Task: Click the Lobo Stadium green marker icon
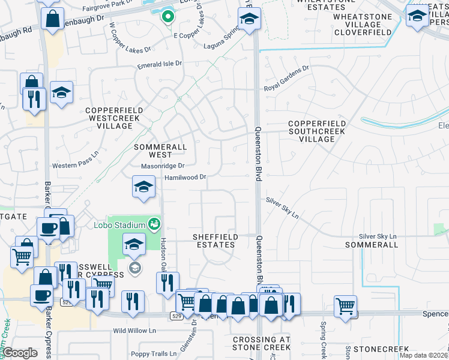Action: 155,224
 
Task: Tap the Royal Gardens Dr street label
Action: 286,87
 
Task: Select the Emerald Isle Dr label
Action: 159,64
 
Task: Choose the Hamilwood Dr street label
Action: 185,177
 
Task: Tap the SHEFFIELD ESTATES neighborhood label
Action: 214,241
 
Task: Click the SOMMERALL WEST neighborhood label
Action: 157,151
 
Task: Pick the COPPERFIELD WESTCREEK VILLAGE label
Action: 109,118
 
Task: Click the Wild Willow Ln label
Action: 134,331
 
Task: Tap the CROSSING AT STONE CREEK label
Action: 261,343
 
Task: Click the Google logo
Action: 20,353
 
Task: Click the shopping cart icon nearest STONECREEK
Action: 346,306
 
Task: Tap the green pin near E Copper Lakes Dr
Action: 167,18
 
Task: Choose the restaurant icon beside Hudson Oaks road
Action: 167,282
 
